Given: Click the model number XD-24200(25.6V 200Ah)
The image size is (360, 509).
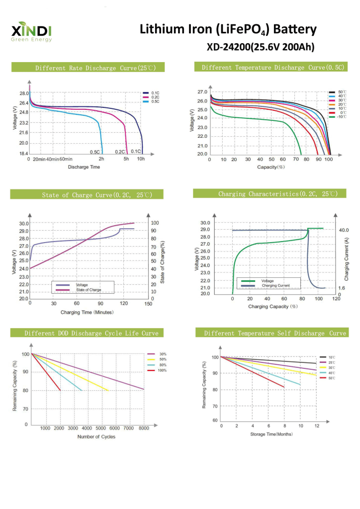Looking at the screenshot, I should [260, 47].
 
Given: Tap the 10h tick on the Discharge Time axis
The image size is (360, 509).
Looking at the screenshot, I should [141, 159].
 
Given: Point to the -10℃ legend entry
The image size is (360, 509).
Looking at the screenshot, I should [341, 117].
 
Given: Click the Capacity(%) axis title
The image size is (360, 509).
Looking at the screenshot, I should [270, 167].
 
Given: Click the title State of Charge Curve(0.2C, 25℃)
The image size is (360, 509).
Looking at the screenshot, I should [97, 195].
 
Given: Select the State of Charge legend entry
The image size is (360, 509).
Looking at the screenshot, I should [89, 289].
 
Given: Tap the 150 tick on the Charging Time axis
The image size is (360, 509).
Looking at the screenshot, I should [148, 303].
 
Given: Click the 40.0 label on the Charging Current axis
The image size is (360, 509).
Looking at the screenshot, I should [344, 230].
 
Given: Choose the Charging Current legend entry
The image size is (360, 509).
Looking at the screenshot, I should [275, 286].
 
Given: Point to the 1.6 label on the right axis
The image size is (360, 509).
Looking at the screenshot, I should [342, 288].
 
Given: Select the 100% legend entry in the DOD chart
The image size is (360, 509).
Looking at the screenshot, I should [163, 370].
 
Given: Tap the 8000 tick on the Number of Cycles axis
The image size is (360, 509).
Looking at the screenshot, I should [143, 428].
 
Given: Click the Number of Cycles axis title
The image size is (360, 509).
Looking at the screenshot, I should [96, 436].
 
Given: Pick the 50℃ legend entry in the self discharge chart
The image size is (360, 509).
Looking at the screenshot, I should [331, 378].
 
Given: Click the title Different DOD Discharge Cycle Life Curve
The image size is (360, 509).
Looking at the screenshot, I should [91, 333].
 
